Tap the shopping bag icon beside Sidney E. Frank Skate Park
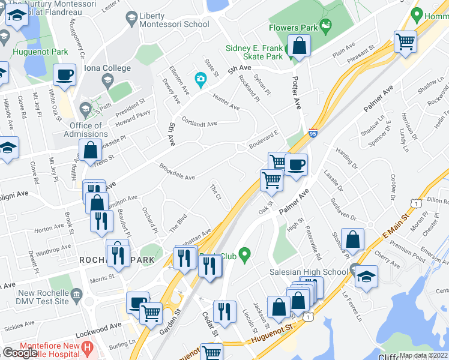point(298,46)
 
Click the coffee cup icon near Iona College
point(64,76)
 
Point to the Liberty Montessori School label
point(173,20)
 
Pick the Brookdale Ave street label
point(177,173)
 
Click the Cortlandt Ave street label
point(199,122)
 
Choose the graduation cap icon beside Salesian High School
point(366,277)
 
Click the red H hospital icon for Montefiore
point(88,347)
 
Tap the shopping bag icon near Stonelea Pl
point(354,238)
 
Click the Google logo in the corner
point(20,353)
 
